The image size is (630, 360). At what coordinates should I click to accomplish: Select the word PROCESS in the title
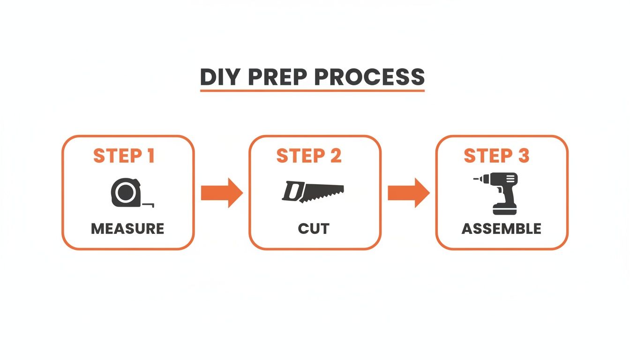[x=371, y=77]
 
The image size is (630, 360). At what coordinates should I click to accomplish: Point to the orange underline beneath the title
[x=312, y=90]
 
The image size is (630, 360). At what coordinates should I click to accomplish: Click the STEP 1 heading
[x=124, y=156]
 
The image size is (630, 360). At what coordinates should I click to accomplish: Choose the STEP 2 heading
[x=309, y=156]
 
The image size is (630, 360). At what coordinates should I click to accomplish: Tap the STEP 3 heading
[x=496, y=156]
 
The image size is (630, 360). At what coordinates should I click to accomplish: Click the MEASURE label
[x=127, y=229]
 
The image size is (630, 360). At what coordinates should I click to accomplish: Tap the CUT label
[x=314, y=229]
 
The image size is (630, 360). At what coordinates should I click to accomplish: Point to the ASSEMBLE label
[x=502, y=229]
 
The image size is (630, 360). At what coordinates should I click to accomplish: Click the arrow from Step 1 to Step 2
[x=221, y=193]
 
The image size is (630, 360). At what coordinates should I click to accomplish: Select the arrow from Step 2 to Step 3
[x=408, y=193]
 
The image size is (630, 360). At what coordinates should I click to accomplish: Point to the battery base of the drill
[x=504, y=209]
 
